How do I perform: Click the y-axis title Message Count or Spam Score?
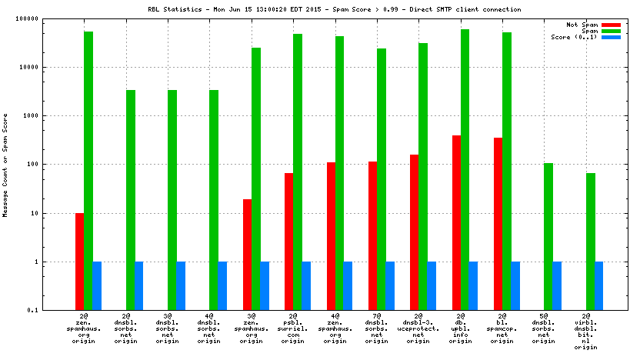[5, 165]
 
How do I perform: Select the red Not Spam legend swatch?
[611, 25]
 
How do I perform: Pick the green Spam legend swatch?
[611, 31]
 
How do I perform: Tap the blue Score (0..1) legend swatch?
[611, 37]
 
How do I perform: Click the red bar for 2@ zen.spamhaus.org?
[80, 262]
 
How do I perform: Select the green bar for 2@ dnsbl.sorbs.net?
[131, 200]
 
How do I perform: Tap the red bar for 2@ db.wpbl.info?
[456, 223]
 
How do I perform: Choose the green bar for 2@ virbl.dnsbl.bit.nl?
[590, 242]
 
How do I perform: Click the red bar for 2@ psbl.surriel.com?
[289, 242]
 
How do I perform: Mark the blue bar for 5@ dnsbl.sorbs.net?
[557, 285]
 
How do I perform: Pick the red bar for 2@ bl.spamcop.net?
[498, 224]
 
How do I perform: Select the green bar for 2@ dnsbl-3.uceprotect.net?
[423, 176]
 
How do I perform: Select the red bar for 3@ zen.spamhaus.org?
[248, 255]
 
